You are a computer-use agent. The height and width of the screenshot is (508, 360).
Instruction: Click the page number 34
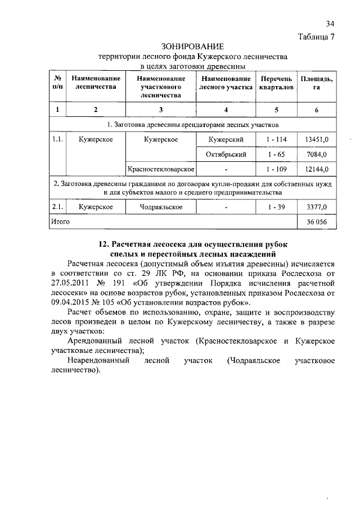point(330,24)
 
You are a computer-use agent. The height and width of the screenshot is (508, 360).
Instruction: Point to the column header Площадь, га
point(317,83)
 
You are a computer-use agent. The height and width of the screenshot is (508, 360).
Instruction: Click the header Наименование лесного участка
point(225,83)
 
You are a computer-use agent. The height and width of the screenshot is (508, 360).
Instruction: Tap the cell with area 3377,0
point(317,207)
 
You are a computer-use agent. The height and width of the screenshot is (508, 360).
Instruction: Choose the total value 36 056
point(317,222)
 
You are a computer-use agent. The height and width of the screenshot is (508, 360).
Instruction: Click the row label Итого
point(60,222)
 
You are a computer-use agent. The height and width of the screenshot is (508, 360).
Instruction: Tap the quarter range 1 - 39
point(276,207)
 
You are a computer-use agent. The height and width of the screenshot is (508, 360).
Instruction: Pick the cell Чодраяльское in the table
point(161,207)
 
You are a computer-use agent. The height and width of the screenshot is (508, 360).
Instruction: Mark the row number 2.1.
point(57,207)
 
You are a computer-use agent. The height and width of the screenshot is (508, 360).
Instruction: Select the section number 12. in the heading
point(104,244)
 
